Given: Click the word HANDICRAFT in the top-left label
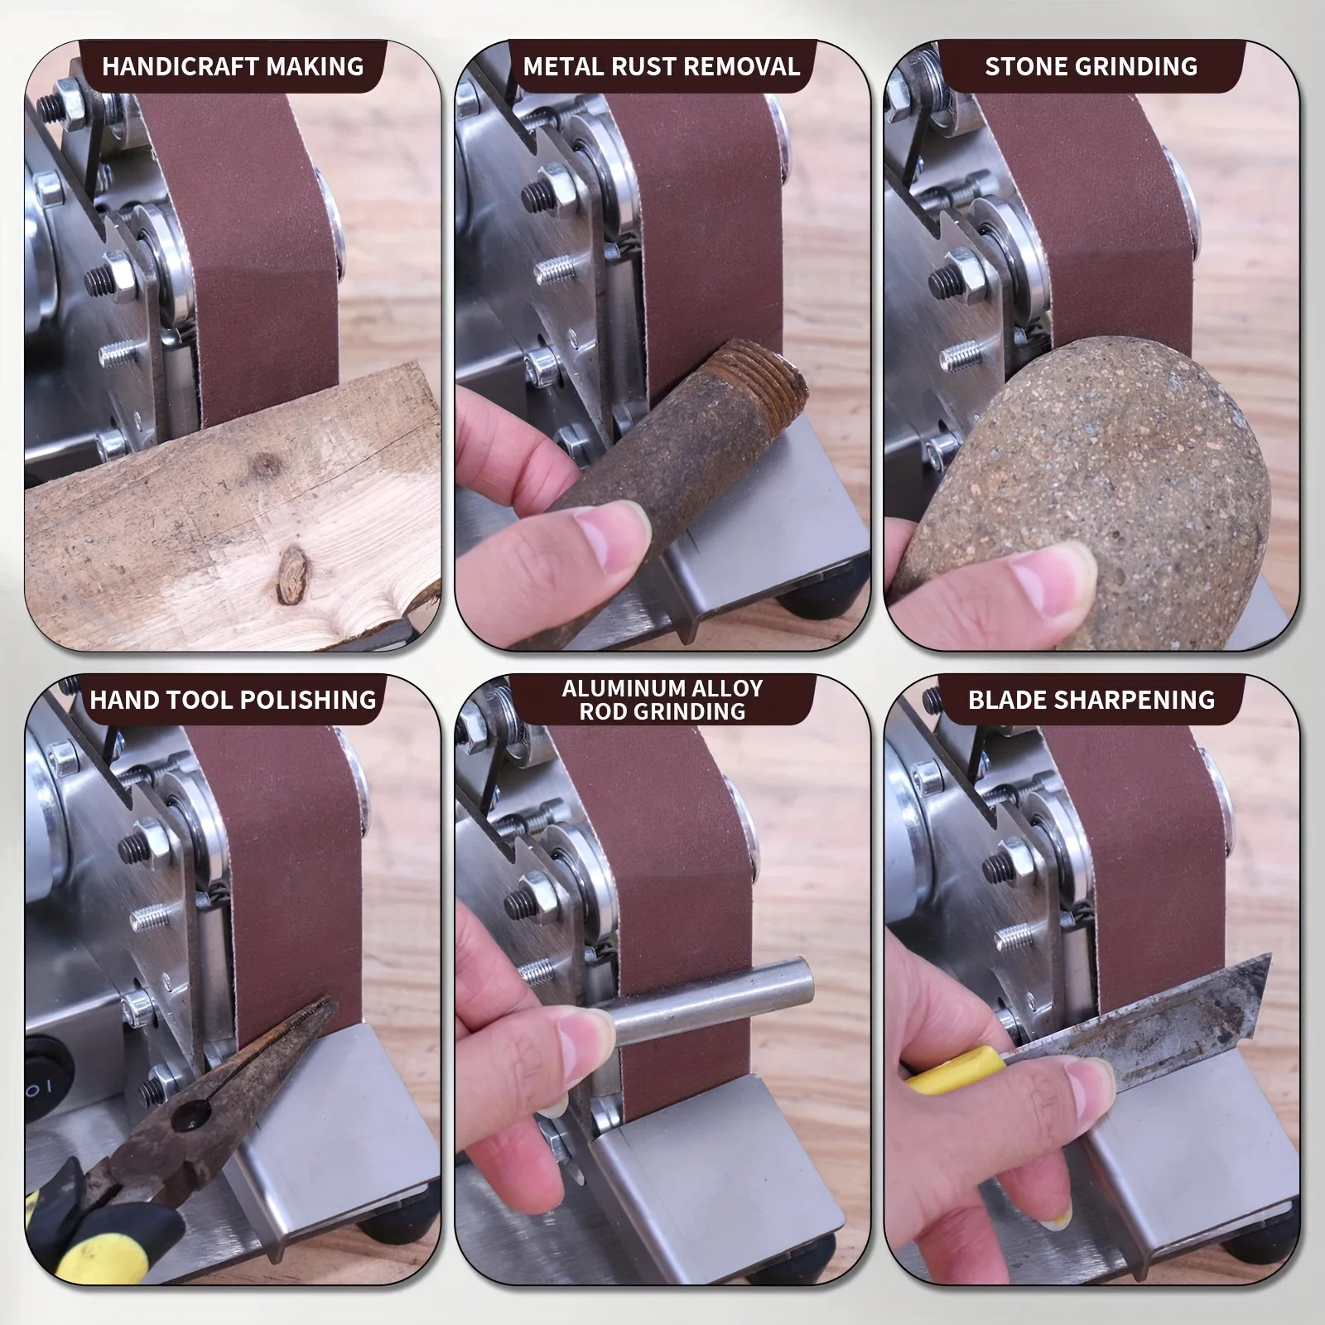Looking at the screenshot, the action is [171, 66].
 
